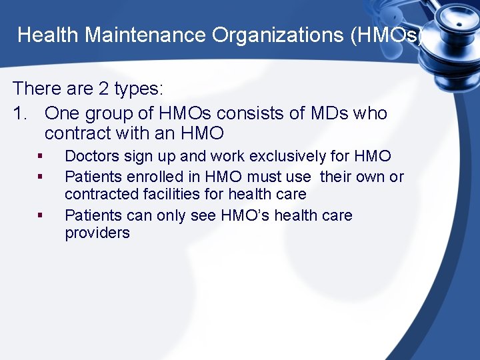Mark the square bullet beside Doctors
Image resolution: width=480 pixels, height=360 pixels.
click(x=41, y=157)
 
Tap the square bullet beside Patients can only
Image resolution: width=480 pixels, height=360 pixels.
click(x=41, y=216)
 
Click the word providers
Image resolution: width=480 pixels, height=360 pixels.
click(x=97, y=233)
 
